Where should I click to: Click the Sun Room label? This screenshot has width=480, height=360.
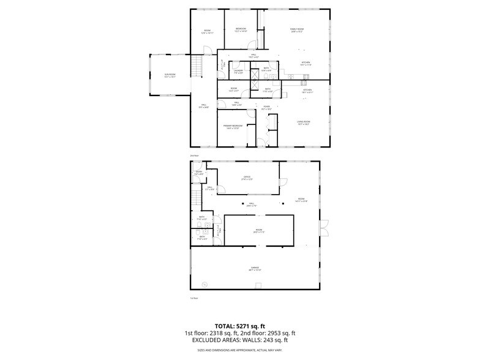click(x=170, y=75)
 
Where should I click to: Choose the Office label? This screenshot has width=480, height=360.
click(x=247, y=178)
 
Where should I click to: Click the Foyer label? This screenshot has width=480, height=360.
click(x=267, y=108)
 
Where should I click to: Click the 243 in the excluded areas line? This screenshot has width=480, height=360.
click(x=266, y=340)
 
